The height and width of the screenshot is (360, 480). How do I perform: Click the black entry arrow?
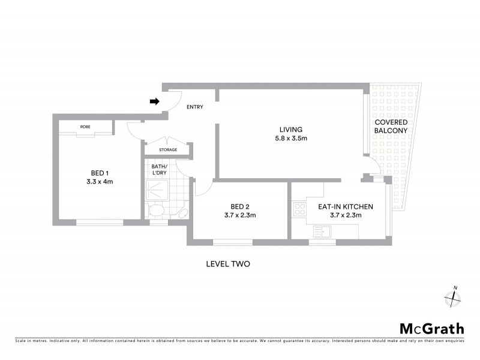154,102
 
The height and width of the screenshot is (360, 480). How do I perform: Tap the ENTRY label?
195,107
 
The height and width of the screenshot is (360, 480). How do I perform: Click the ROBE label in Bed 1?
86,127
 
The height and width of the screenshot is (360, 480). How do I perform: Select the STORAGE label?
168,149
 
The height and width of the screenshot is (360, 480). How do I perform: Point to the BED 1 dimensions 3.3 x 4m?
99,181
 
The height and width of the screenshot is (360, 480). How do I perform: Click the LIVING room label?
290,130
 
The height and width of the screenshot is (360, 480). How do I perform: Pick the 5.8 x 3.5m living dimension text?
290,139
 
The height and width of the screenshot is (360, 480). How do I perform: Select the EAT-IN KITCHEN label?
340,206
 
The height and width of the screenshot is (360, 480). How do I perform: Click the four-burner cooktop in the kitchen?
298,211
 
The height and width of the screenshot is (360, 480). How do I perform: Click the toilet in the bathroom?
157,211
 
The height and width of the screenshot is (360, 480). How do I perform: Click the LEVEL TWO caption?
227,263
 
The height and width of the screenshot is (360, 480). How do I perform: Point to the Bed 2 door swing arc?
202,188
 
